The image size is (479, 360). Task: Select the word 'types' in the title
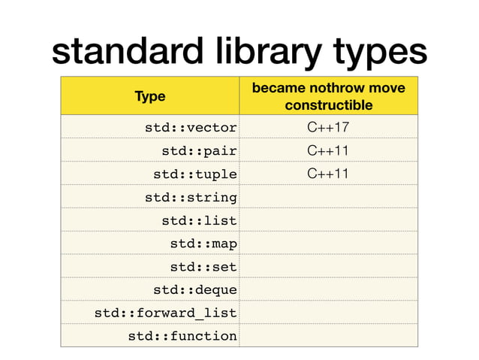click(370, 53)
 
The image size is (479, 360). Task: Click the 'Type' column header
click(150, 96)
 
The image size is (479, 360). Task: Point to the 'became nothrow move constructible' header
click(328, 96)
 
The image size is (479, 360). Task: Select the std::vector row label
click(191, 127)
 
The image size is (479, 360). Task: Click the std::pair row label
click(199, 150)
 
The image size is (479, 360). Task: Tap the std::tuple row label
click(195, 174)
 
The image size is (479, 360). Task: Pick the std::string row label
click(191, 197)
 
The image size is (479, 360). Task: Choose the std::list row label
click(199, 220)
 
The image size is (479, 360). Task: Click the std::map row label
click(203, 244)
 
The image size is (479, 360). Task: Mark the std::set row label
click(203, 266)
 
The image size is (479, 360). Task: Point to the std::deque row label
click(195, 289)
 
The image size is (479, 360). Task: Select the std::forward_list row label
click(165, 313)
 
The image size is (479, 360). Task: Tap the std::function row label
click(182, 336)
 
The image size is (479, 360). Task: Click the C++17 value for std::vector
click(328, 127)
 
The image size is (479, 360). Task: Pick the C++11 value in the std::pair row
click(328, 150)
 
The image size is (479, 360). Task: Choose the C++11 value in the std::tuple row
click(328, 174)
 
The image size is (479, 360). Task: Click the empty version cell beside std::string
click(328, 197)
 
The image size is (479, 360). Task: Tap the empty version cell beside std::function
click(328, 336)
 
